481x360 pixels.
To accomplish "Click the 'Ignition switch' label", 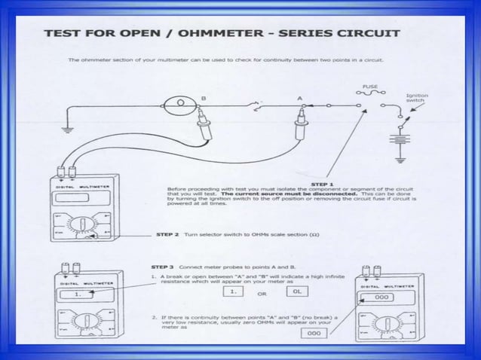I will click(416, 99).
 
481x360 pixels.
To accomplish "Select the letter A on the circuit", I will click(300, 99).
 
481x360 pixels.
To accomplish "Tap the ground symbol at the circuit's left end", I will click(67, 127).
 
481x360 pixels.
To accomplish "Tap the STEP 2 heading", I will click(167, 234).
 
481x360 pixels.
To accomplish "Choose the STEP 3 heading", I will click(167, 267).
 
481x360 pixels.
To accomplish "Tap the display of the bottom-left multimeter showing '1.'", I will click(77, 295).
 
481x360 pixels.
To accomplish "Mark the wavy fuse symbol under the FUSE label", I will click(371, 95).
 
